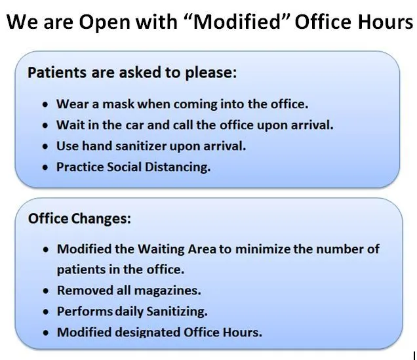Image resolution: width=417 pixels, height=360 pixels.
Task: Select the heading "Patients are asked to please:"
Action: click(131, 72)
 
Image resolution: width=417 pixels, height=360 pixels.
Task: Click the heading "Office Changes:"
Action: click(79, 218)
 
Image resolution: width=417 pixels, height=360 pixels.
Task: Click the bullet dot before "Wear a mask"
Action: click(44, 105)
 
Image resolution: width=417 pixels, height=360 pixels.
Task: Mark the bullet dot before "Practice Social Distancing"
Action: click(44, 168)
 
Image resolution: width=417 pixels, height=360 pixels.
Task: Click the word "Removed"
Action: click(82, 290)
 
